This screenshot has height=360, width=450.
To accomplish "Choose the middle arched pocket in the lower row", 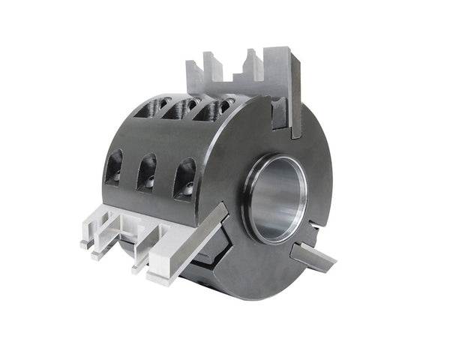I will tap(147, 174).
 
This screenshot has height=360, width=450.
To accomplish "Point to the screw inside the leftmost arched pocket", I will tap(116, 176).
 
